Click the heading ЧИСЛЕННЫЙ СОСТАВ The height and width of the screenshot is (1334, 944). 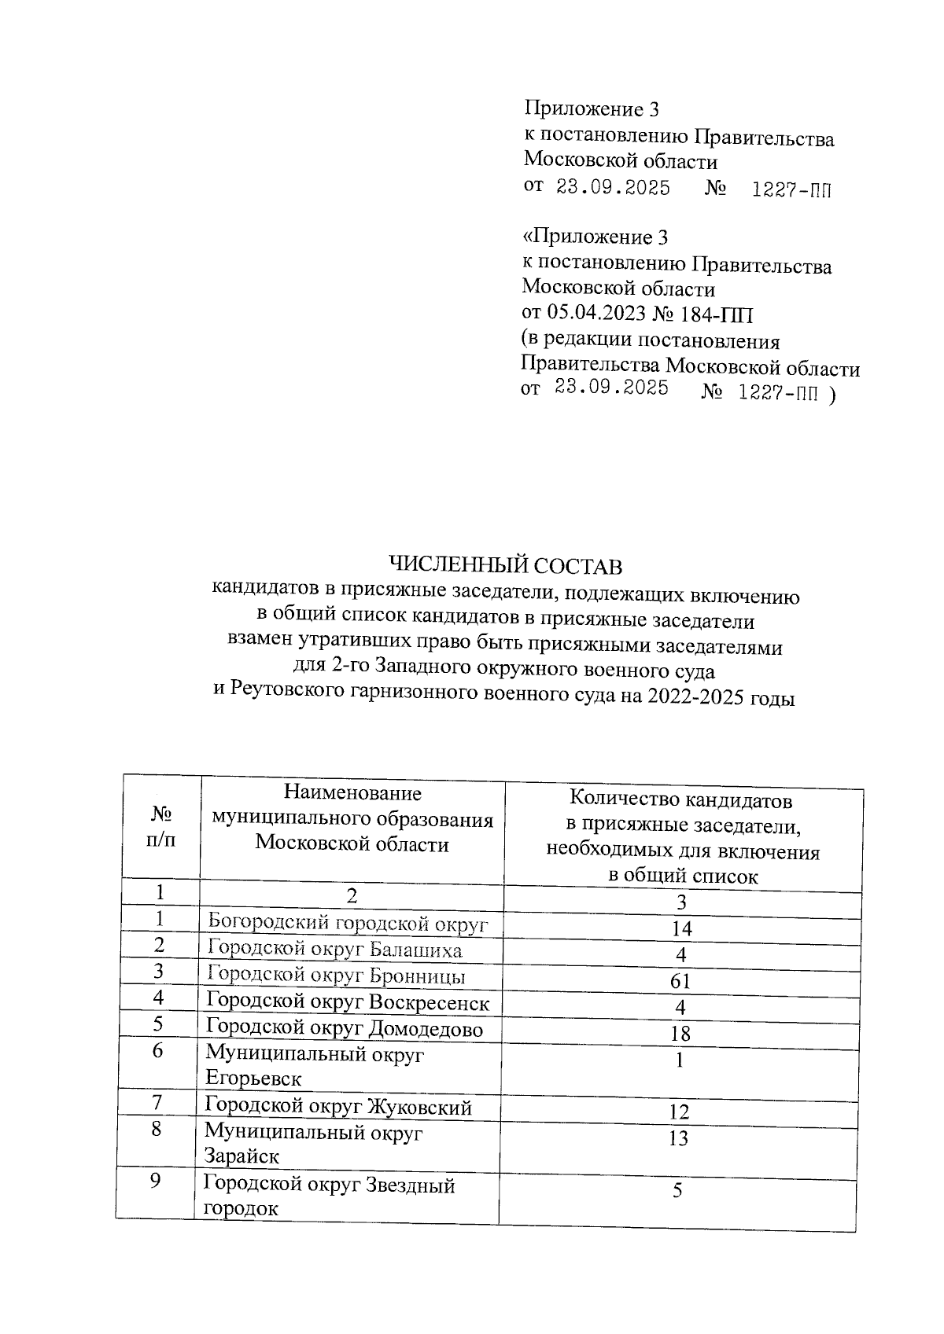506,565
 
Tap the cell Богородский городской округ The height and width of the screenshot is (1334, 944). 348,923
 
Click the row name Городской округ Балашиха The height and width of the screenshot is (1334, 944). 334,950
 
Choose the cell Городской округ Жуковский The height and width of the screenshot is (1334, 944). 338,1107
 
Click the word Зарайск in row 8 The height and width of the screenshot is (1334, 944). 242,1156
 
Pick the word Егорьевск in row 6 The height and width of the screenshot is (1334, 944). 253,1078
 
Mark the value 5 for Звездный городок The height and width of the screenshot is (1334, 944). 677,1190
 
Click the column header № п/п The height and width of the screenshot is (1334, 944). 161,825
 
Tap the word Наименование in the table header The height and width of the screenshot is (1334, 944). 352,793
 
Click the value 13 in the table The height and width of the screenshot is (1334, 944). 678,1137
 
